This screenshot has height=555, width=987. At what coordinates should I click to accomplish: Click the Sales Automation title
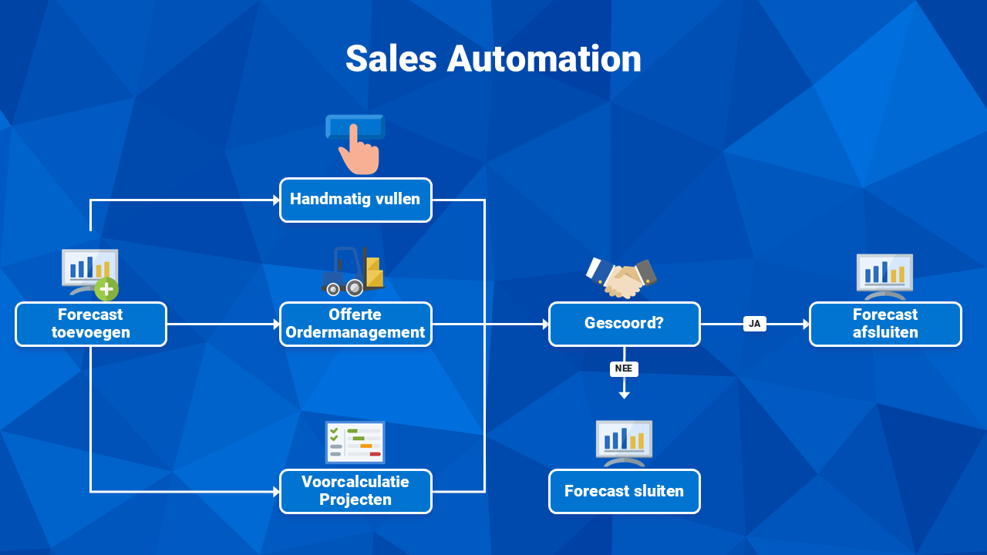[x=493, y=59]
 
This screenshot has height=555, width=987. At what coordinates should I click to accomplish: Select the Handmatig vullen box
[x=355, y=200]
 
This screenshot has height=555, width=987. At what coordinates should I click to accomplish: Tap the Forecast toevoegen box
[x=91, y=325]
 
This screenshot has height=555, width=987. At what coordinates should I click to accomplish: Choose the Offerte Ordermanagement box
[x=355, y=325]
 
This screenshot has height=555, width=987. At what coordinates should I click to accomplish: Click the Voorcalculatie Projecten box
[x=355, y=491]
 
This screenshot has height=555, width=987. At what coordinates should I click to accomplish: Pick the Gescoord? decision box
[x=625, y=325]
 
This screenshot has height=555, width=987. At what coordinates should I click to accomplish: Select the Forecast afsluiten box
[x=885, y=325]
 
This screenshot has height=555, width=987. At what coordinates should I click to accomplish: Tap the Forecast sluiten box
[x=625, y=491]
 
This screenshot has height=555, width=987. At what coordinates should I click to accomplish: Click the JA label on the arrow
[x=755, y=324]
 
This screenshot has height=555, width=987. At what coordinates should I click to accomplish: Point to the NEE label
[x=624, y=368]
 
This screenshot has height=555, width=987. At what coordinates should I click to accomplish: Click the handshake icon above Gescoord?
[x=622, y=278]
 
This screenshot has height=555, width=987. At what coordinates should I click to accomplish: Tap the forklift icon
[x=353, y=271]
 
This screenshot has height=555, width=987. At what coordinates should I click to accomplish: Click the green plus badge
[x=106, y=289]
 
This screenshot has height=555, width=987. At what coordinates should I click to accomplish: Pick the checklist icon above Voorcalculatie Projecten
[x=355, y=442]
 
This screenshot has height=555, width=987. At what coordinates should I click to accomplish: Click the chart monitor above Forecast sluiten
[x=624, y=443]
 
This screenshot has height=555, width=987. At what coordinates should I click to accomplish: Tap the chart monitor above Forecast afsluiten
[x=884, y=277]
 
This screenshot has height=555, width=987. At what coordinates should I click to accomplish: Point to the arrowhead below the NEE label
[x=624, y=395]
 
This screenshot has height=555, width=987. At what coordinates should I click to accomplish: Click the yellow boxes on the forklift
[x=374, y=273]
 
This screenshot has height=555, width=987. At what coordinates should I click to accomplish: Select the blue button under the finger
[x=355, y=127]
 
